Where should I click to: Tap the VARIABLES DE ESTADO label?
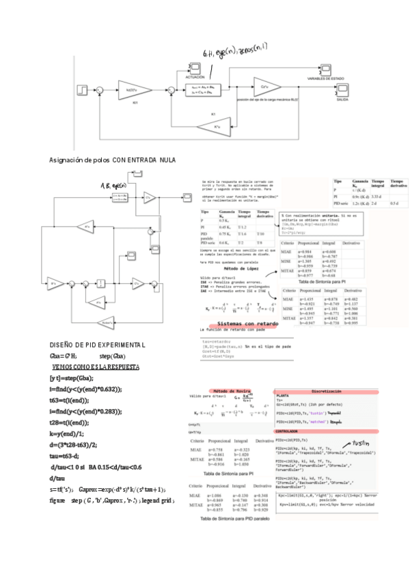coord(329,79)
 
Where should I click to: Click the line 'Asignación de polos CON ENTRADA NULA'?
coord(112,160)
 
